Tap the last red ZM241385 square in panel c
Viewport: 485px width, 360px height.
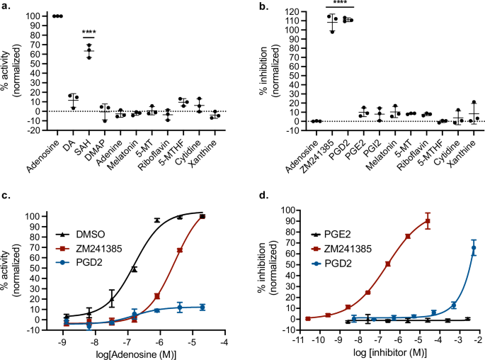pyautogui.click(x=202, y=216)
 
